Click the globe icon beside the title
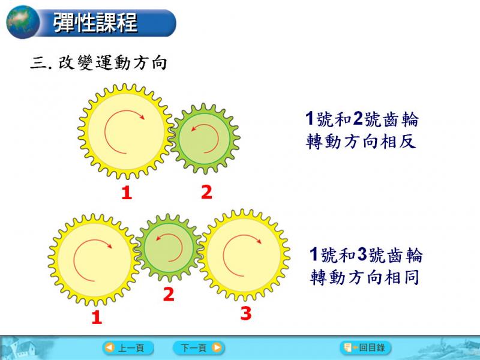[23, 22]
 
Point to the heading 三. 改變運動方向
[98, 63]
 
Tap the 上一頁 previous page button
[128, 348]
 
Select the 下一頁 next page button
[199, 348]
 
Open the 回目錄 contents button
[365, 347]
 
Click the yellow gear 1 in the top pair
[125, 131]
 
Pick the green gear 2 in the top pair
[205, 139]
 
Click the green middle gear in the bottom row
[169, 247]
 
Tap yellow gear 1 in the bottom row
[94, 260]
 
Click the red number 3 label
[246, 313]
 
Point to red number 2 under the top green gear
[206, 192]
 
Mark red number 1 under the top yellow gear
[127, 193]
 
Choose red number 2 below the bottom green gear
[169, 295]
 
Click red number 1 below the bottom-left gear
[97, 317]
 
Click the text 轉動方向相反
[361, 142]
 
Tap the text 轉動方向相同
[365, 277]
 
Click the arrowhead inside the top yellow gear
[141, 116]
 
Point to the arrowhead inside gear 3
[259, 241]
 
